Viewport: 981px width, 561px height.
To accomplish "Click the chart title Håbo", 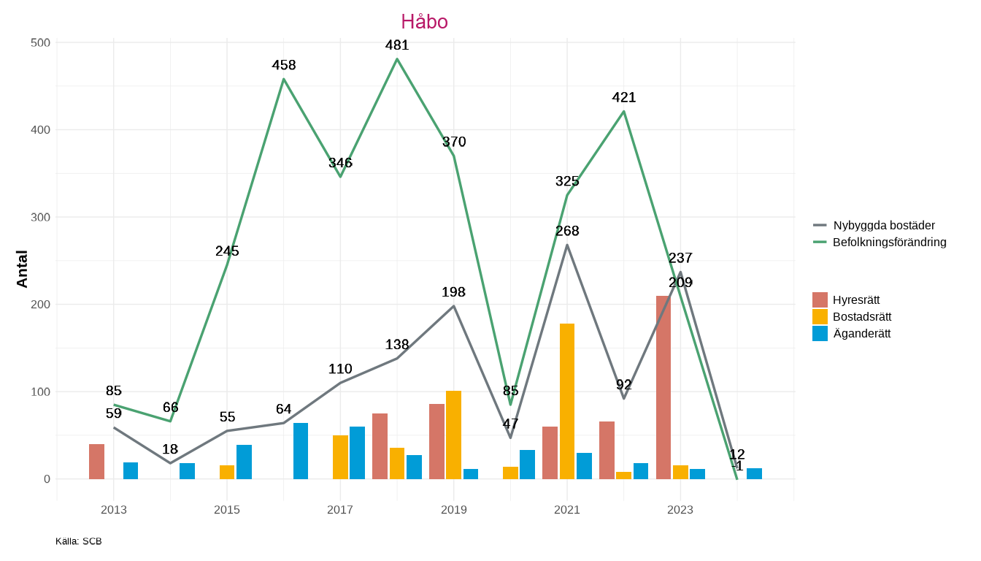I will pos(424,22).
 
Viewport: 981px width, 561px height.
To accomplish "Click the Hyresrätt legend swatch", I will pos(820,299).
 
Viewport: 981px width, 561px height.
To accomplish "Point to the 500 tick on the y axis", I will pos(41,42).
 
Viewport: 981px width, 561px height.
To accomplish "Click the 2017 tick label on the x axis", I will pos(340,510).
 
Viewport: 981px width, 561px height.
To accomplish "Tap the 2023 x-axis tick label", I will pos(680,510).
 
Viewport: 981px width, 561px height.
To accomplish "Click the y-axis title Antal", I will pos(23,269).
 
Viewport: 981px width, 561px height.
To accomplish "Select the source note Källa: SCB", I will pos(78,541).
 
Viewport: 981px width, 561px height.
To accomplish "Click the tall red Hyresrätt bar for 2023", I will pos(663,387).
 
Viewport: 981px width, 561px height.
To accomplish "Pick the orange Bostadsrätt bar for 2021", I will pos(567,401).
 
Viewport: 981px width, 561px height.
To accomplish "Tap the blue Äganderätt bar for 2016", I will pos(301,451).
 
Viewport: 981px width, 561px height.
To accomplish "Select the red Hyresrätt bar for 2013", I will pos(97,461).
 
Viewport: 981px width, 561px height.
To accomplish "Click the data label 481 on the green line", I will pos(397,45).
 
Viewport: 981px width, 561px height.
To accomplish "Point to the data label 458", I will pos(284,65).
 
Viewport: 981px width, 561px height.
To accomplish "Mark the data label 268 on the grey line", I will pos(567,231).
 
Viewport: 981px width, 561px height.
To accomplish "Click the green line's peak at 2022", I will pos(624,111).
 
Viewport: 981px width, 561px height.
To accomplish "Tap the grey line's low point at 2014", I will pos(170,463).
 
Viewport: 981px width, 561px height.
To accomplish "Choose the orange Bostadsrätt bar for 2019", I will pos(453,435).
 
